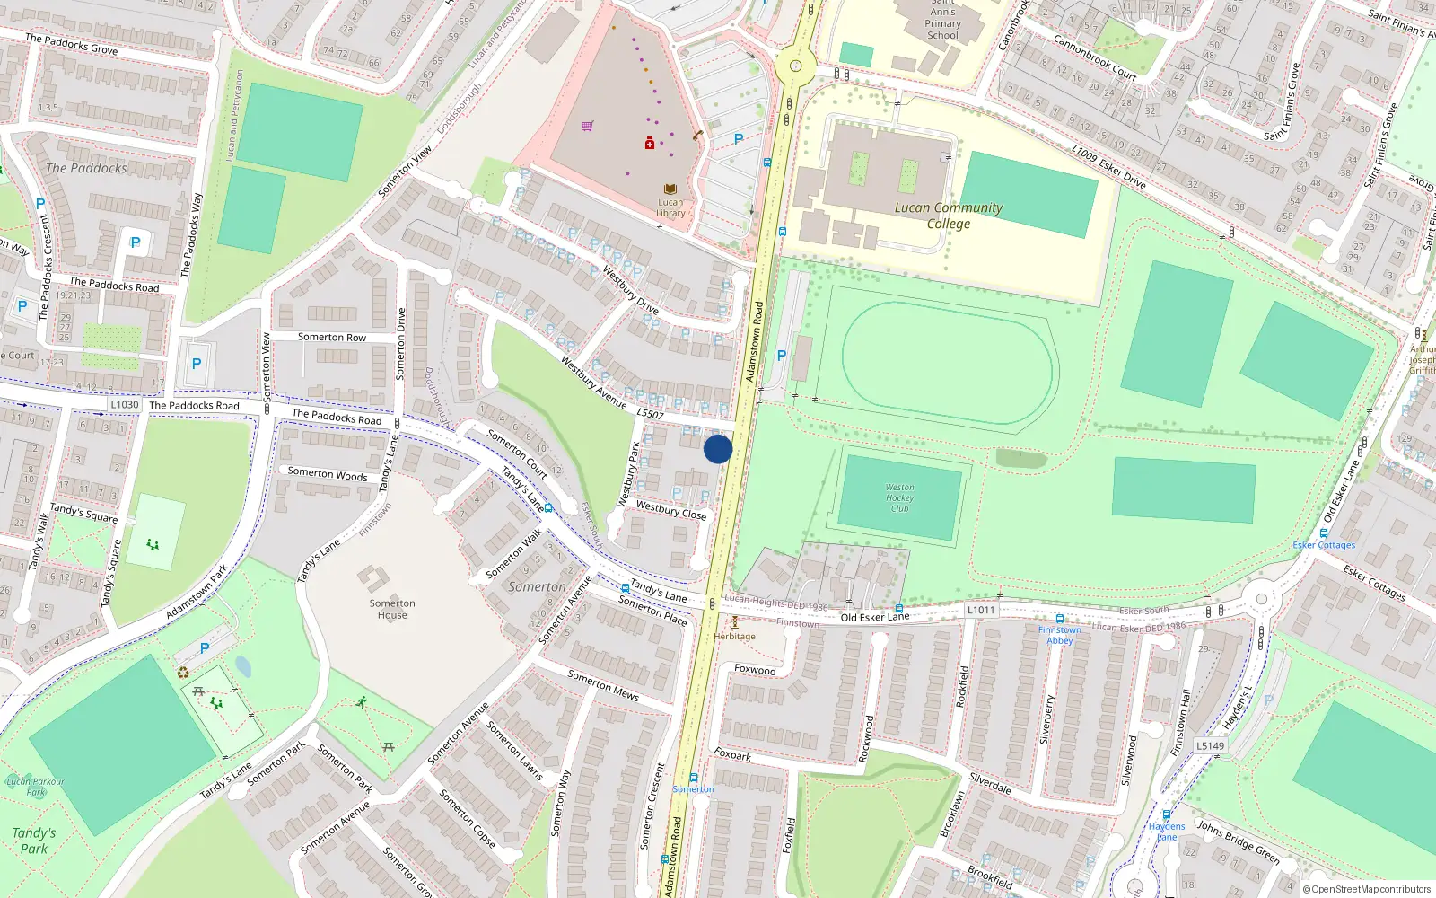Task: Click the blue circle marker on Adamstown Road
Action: click(x=717, y=449)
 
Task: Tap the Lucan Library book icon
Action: click(x=670, y=189)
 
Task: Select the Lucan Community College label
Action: click(x=949, y=216)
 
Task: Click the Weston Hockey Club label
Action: click(x=899, y=498)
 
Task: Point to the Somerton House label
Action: click(x=392, y=609)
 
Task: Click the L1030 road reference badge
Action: click(x=125, y=405)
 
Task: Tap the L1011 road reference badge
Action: click(x=981, y=610)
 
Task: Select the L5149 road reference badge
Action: click(x=1210, y=745)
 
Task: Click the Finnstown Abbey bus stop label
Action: click(x=1059, y=635)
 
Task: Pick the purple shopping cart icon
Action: click(x=587, y=127)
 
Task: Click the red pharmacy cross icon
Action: click(x=650, y=144)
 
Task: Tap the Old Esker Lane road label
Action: click(x=874, y=617)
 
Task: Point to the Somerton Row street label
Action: click(x=332, y=338)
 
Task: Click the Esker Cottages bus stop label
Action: click(x=1324, y=545)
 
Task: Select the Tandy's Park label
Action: click(x=34, y=841)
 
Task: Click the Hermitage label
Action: click(x=735, y=637)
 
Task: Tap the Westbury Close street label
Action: click(x=670, y=510)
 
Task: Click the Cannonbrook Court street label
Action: click(x=1094, y=57)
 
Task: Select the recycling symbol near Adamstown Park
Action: click(x=183, y=672)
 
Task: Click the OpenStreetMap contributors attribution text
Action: click(x=1367, y=889)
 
